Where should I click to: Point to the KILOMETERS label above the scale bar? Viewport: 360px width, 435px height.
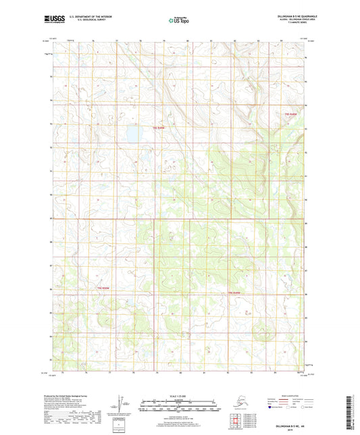click(x=179, y=399)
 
